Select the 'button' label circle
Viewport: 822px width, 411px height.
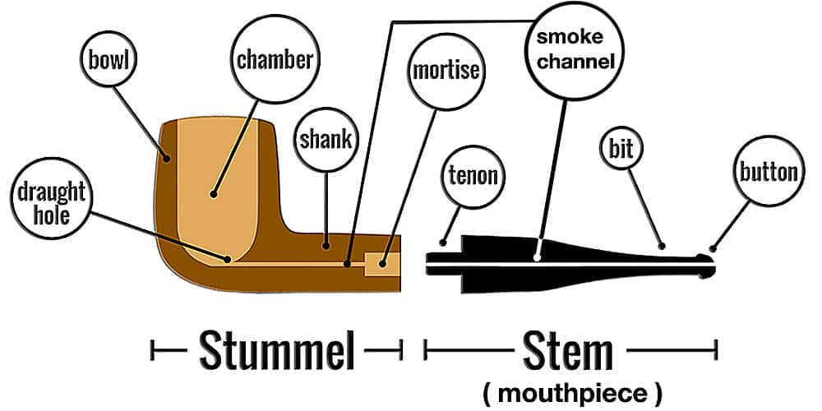coord(768,172)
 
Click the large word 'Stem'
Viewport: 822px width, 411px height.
coord(568,351)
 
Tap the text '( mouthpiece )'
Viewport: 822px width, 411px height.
coord(571,393)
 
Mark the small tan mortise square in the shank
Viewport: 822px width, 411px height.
coord(381,264)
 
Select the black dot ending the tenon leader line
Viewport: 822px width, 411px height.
coord(443,243)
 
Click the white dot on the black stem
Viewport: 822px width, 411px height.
coord(538,257)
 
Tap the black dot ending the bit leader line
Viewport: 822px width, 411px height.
coord(663,244)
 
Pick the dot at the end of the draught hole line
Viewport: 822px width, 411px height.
coord(229,259)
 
